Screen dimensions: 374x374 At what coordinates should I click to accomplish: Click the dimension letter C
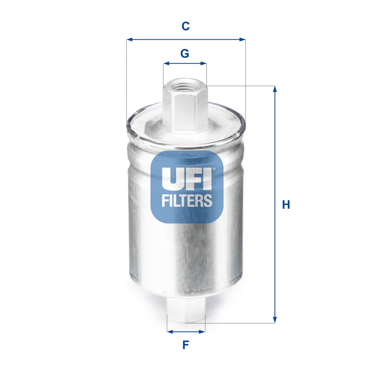pyautogui.click(x=186, y=26)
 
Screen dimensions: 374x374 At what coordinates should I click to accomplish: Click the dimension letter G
pyautogui.click(x=185, y=53)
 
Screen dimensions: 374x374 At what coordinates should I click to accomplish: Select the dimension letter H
pyautogui.click(x=286, y=204)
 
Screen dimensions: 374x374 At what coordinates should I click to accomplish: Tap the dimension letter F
pyautogui.click(x=186, y=345)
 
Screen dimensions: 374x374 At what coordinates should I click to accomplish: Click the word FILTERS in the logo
pyautogui.click(x=187, y=200)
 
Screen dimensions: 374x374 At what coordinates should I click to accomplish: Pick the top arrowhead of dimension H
pyautogui.click(x=275, y=89)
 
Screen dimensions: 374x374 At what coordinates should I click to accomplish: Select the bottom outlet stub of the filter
pyautogui.click(x=186, y=311)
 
